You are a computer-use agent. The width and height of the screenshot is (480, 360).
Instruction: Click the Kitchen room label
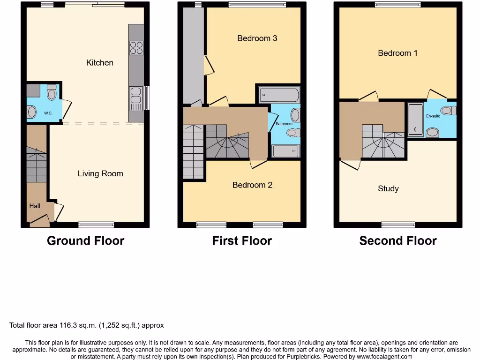click(100, 62)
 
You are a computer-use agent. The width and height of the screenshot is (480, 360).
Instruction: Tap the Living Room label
click(100, 173)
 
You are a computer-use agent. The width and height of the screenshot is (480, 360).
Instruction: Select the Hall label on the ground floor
click(35, 206)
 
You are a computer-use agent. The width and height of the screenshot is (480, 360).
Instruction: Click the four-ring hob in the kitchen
click(136, 48)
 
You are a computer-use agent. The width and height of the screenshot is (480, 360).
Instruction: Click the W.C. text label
click(48, 113)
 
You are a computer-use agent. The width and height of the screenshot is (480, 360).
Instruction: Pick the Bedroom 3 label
click(257, 38)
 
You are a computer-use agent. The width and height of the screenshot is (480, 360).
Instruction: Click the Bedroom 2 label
click(252, 185)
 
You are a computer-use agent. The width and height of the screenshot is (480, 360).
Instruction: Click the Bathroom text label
click(284, 124)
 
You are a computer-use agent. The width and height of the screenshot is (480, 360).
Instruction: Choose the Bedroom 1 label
click(397, 53)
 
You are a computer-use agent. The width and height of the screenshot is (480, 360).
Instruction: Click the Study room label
click(388, 188)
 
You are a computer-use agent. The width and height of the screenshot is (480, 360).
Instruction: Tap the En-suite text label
click(433, 116)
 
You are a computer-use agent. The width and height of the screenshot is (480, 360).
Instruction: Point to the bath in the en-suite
click(415, 120)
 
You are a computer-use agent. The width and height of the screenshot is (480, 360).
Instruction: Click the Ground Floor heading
click(86, 241)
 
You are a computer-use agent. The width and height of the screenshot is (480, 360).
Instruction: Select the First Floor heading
click(242, 241)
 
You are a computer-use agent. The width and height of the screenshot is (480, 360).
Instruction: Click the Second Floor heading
click(398, 241)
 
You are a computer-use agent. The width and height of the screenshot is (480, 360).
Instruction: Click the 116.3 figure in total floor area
click(69, 325)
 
